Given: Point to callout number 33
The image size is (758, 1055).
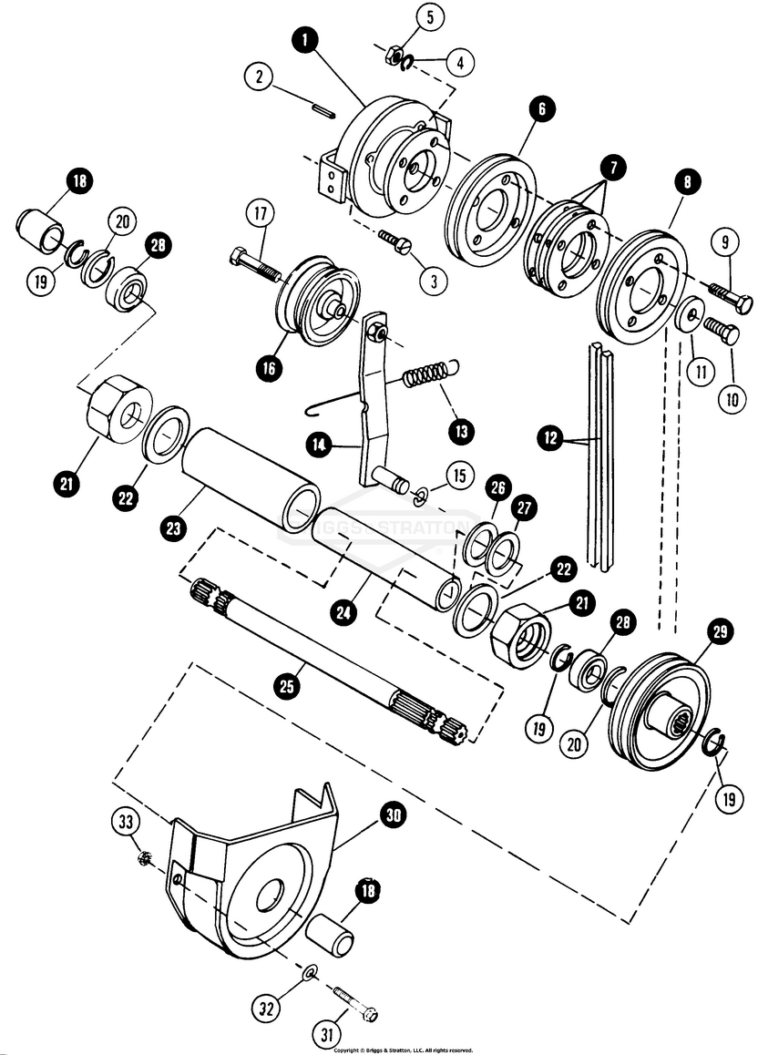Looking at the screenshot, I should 123,823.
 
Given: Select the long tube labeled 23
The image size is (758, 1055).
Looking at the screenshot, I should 251,477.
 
